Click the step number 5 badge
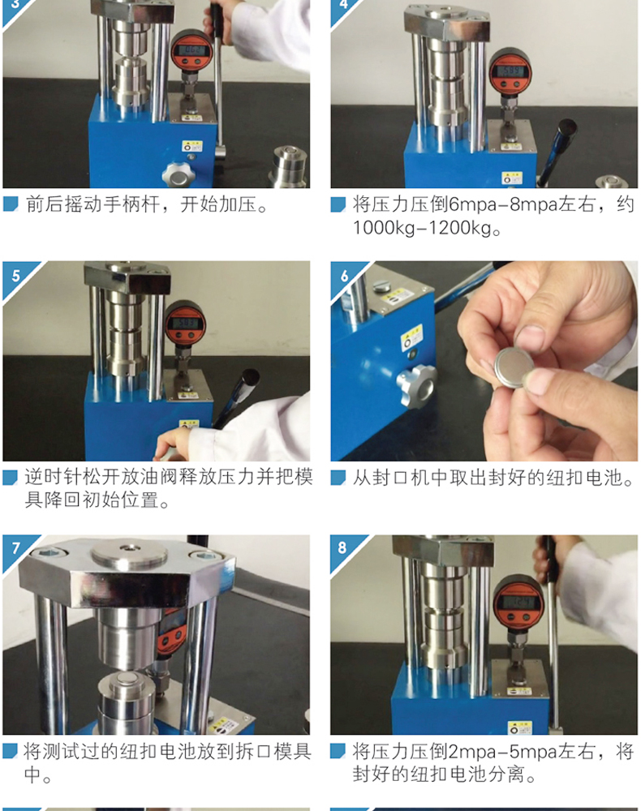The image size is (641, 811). (x=15, y=276)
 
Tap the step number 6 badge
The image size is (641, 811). (x=344, y=276)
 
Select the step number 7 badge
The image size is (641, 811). (x=15, y=548)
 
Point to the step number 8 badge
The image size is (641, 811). (x=342, y=547)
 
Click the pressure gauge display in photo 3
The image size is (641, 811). (x=191, y=50)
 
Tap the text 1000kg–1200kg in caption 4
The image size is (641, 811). (x=422, y=228)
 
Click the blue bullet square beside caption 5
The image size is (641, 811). (x=11, y=477)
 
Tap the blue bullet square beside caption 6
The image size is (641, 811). (x=338, y=477)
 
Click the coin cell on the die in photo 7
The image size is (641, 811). (x=126, y=678)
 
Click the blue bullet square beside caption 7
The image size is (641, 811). (x=11, y=750)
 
